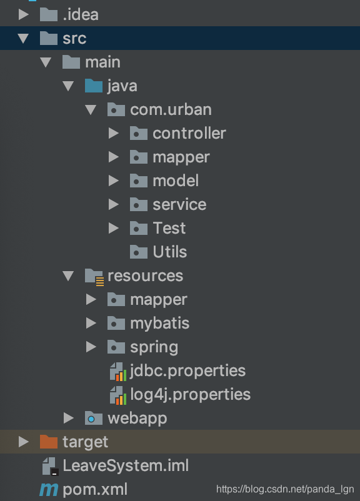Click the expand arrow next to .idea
(x=23, y=15)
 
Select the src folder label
(x=74, y=38)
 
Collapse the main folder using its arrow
(x=46, y=62)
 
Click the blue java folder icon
(x=94, y=86)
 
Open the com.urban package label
(x=171, y=109)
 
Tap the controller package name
(x=189, y=133)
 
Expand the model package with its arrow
(x=114, y=181)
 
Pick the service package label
(x=179, y=204)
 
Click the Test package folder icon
(x=138, y=228)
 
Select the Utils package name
(x=170, y=252)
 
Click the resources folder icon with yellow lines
(x=94, y=277)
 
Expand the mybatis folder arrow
(x=91, y=323)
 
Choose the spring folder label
(x=154, y=347)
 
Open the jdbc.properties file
(x=187, y=371)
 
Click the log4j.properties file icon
(x=118, y=395)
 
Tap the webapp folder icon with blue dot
(x=94, y=418)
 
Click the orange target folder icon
(x=49, y=442)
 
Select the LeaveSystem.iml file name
(x=126, y=465)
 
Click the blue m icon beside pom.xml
(x=49, y=490)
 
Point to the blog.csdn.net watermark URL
(x=285, y=489)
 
